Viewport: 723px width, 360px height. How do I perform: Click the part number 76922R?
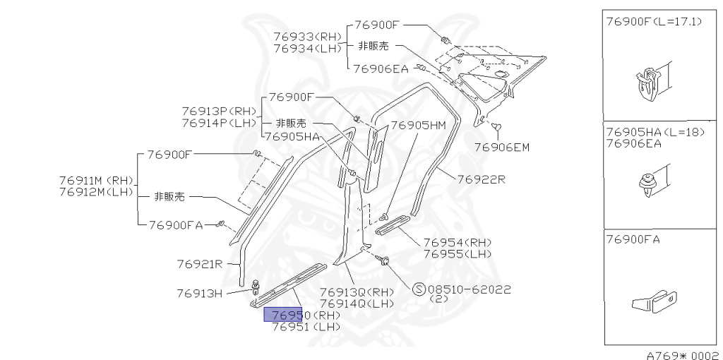point(481,179)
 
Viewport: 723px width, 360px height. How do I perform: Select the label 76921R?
point(200,264)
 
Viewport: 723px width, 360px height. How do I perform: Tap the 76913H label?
point(200,292)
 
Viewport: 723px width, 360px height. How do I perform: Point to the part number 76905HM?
point(418,126)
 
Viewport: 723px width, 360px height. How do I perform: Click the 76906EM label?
point(501,147)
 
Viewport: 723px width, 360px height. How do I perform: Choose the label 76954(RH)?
point(458,242)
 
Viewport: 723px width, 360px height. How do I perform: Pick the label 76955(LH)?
point(458,253)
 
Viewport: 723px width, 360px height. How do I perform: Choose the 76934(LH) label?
point(307,48)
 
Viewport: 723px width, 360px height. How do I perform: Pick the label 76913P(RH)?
point(219,112)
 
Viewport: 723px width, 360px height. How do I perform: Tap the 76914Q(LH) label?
point(357,304)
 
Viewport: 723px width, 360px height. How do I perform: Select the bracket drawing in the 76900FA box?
point(654,302)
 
